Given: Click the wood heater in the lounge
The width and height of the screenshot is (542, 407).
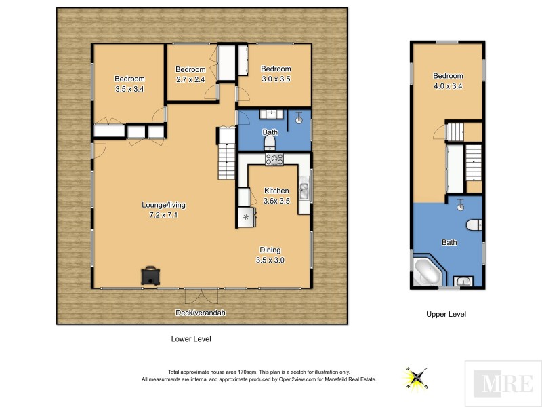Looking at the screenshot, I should click(150, 275).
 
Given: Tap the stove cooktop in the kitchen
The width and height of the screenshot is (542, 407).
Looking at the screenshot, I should click(274, 159).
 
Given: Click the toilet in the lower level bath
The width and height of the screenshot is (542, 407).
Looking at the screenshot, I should click(269, 140).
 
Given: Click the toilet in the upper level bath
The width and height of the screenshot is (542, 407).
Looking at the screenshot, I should click(474, 225).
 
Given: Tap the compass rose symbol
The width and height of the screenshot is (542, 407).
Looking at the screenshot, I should click(416, 374).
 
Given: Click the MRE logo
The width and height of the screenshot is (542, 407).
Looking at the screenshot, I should click(503, 383).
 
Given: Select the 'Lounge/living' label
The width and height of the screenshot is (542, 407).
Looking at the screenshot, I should click(163, 205).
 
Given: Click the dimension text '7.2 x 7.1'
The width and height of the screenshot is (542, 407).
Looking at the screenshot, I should click(163, 215).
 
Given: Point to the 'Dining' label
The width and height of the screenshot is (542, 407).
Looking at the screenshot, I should click(270, 250).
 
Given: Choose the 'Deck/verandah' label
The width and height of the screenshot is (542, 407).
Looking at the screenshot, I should click(202, 313).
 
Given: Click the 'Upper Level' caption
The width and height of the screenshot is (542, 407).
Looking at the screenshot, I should click(446, 315).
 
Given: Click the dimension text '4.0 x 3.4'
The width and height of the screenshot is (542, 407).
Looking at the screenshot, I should click(448, 85).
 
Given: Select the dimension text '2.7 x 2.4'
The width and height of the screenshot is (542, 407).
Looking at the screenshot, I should click(190, 79).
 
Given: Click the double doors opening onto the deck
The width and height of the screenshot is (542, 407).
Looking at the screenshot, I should click(202, 296).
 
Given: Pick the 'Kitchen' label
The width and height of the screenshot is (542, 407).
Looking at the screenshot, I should click(276, 191).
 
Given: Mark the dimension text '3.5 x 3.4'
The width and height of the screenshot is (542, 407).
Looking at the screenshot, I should click(129, 88).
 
